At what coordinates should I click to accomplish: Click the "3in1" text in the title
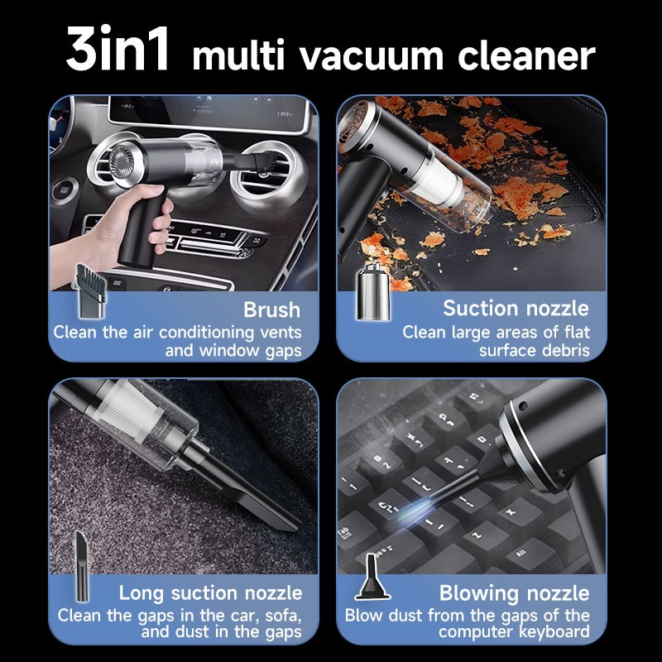118,49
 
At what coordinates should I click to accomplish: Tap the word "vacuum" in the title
372,56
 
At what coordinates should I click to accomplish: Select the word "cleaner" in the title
526,55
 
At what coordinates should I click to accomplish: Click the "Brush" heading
272,309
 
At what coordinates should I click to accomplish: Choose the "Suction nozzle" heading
516,308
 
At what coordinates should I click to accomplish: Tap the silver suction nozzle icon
373,291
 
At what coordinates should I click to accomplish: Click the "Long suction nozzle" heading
210,592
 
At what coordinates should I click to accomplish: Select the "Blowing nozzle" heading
514,592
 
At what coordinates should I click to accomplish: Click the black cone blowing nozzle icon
372,578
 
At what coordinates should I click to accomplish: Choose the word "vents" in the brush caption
281,333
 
